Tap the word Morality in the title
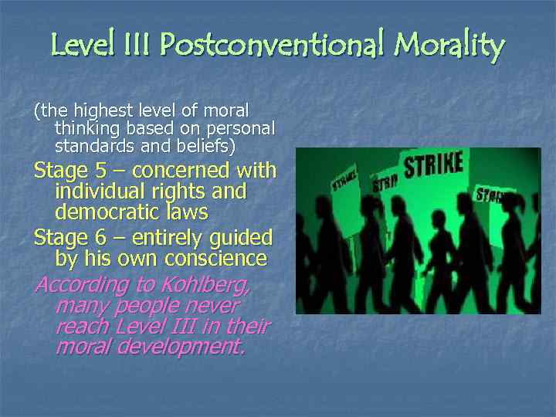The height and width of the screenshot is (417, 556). (x=449, y=46)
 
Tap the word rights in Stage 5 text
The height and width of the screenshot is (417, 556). (x=168, y=190)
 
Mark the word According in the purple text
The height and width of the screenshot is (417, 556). (x=70, y=285)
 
